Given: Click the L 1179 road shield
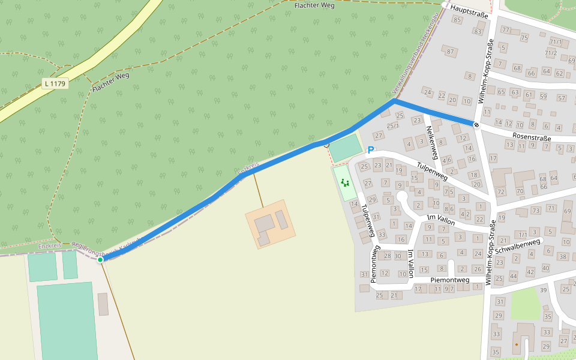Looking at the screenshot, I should [55, 83].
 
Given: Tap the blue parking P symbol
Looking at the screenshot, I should [371, 151].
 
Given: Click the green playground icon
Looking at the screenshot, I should [344, 182].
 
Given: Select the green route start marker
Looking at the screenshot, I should [100, 260].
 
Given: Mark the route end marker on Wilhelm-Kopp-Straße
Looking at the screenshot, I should [476, 125].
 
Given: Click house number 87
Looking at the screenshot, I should [451, 52].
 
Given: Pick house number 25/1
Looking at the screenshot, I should [392, 125].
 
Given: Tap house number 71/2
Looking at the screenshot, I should [551, 53].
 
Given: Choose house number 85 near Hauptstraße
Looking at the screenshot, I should [458, 20].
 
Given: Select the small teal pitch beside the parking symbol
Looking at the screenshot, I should [346, 148].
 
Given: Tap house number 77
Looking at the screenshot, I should [505, 29].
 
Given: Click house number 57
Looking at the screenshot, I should [561, 98].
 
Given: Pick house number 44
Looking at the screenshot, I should [513, 276].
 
